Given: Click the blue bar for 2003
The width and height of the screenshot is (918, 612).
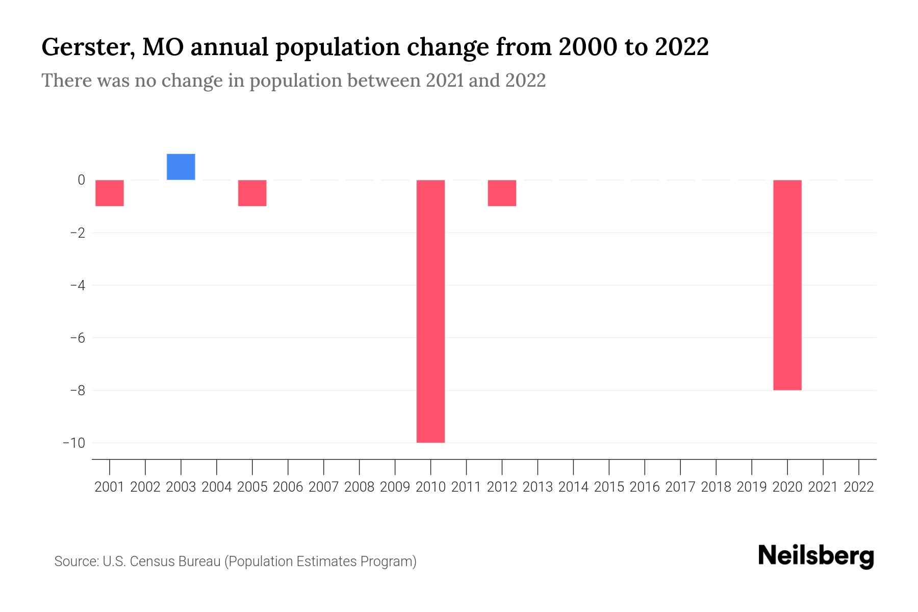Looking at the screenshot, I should point(181,167).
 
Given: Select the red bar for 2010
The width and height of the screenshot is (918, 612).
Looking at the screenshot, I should point(430,311).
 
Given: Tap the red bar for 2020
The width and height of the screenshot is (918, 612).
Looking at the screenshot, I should point(787,285).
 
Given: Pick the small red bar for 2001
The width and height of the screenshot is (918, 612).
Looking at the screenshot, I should point(110,193).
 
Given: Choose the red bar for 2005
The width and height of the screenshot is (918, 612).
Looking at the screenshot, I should point(252,193).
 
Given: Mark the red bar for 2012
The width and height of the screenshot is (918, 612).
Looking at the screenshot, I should point(502,193).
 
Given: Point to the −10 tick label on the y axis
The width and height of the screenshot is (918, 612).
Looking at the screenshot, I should point(74,443).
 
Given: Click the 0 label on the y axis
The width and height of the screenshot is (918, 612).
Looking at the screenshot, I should point(81,180).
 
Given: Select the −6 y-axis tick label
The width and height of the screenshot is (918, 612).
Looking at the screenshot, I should point(77,338).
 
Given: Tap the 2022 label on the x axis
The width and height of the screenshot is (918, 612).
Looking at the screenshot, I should point(858,487).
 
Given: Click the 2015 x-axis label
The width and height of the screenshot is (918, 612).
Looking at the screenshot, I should point(609,487).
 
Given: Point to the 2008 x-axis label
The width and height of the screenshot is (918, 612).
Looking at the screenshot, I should point(359,487).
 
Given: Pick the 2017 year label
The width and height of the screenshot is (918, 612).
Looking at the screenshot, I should point(680,487).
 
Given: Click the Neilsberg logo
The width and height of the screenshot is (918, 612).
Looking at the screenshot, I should point(816,556).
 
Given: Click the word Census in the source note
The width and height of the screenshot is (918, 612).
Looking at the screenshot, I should point(152,562).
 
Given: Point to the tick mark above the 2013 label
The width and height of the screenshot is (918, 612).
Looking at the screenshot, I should point(538,466).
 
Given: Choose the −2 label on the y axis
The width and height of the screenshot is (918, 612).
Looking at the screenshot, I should point(77,233).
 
